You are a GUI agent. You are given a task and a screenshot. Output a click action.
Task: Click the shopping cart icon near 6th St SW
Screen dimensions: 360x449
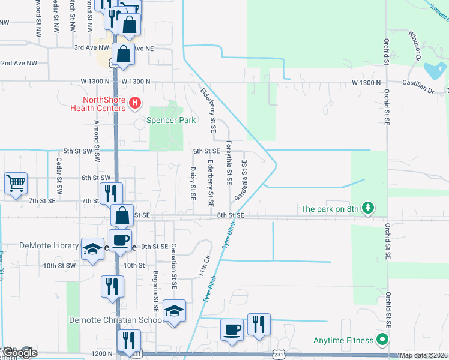pos(16,184)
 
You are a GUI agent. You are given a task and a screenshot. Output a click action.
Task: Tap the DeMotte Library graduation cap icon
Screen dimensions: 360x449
pos(92,249)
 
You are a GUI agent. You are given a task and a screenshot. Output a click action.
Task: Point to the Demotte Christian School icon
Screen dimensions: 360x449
pos(174,311)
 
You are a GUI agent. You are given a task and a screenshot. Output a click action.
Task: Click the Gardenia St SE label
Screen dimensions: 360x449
pos(241,180)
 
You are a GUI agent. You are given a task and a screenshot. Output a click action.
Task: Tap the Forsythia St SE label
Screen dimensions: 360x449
pos(229,163)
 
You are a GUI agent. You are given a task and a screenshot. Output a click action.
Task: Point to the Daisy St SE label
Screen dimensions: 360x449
pos(193,183)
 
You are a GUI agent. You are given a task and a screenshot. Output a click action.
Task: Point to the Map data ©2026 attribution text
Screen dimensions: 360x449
pos(423,355)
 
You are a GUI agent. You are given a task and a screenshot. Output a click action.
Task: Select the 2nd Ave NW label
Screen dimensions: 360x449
pos(19,63)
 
